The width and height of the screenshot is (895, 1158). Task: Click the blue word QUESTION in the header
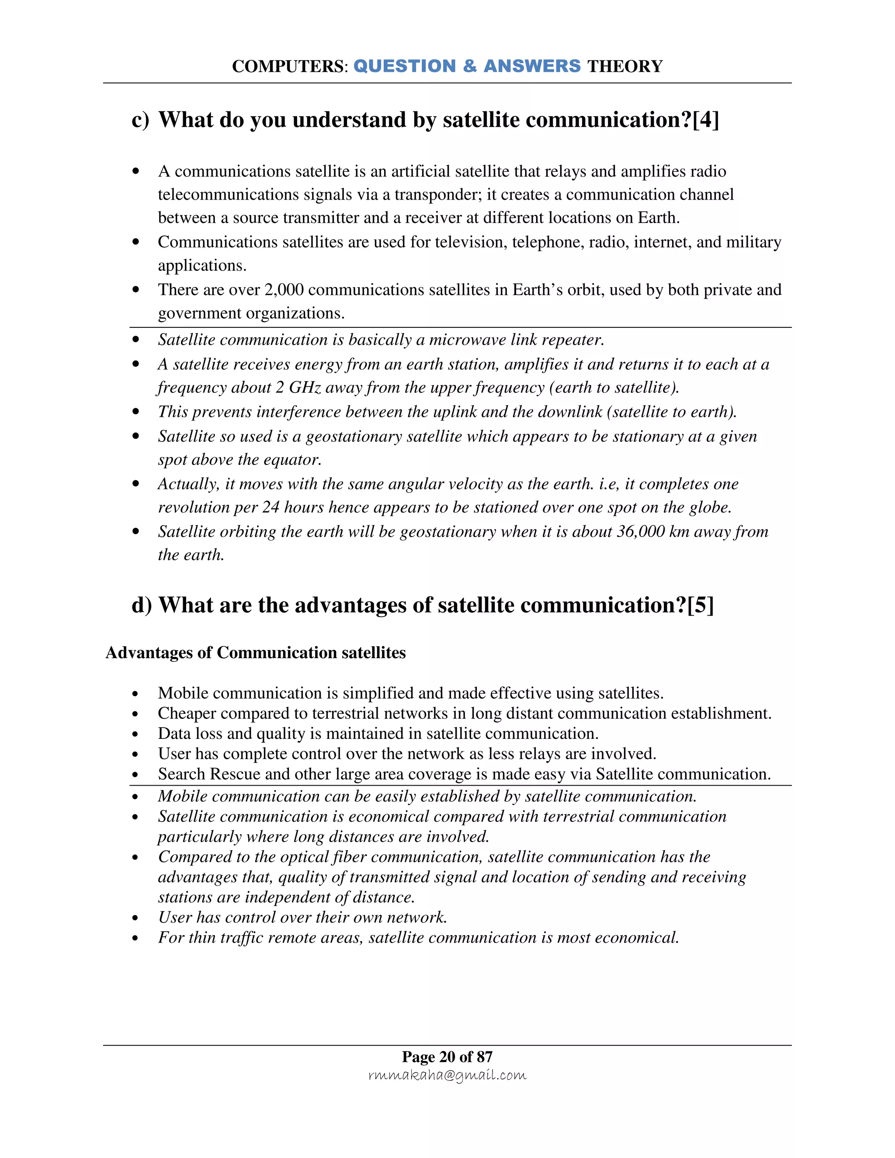[x=405, y=66]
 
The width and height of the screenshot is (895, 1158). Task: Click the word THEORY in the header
[x=624, y=66]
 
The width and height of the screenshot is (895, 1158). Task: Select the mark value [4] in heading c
[x=705, y=120]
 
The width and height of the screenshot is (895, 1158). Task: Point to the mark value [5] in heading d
[x=700, y=605]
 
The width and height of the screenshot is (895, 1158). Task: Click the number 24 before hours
[x=271, y=507]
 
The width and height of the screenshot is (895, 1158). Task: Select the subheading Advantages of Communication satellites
[x=256, y=653]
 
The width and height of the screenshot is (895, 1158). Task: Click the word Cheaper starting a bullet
[x=187, y=714]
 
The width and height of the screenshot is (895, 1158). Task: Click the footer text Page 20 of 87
[x=447, y=1057]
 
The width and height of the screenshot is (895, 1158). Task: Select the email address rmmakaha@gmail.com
[x=447, y=1075]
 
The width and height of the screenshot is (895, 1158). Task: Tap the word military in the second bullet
[x=753, y=243]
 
